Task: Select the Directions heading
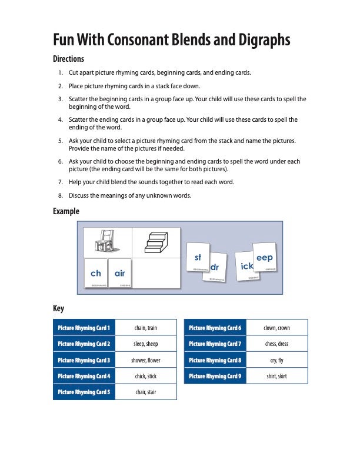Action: [68, 59]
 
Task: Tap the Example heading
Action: [66, 211]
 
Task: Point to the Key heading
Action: [58, 308]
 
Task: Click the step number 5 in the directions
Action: [61, 141]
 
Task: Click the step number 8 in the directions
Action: [61, 195]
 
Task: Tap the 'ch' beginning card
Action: [96, 274]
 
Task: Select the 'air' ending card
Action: [120, 274]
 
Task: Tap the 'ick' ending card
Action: [246, 267]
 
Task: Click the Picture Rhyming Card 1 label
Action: [84, 328]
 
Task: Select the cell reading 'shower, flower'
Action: [146, 360]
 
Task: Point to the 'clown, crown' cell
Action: [276, 328]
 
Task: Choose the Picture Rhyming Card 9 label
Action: [215, 376]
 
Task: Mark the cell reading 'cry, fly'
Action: [276, 360]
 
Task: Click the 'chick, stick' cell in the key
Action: [146, 376]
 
